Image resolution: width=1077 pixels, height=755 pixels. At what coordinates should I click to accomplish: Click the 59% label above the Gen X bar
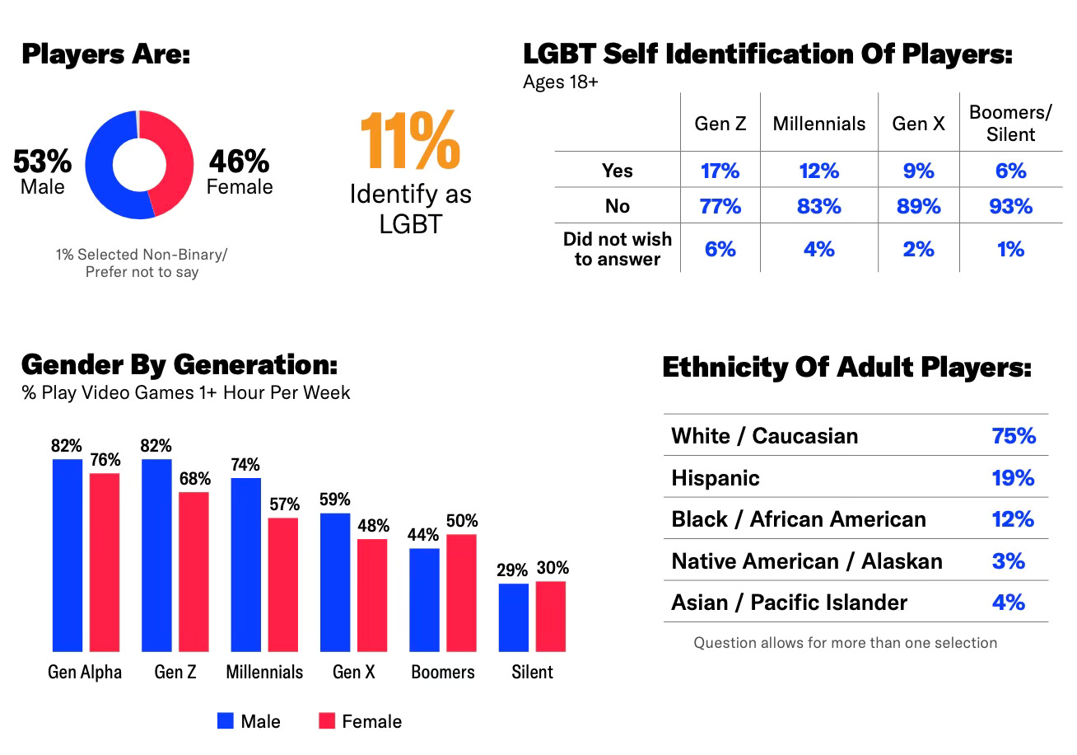coord(335,499)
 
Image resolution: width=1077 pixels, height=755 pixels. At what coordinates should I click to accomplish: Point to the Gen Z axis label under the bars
coord(175,672)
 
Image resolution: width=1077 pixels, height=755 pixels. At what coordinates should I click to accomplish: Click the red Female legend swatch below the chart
coord(327,721)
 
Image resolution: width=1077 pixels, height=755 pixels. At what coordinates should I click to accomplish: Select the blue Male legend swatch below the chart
coord(226,721)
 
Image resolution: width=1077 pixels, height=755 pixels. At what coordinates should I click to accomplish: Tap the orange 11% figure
coord(409,141)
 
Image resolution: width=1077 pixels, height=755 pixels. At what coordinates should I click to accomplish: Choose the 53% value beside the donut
coord(42,162)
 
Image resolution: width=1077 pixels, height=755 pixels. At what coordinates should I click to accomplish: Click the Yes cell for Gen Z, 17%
coord(720,171)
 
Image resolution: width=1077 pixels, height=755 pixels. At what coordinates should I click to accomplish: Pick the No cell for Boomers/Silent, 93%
coord(1010,206)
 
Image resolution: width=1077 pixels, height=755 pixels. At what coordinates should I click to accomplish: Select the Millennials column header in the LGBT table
coord(818,124)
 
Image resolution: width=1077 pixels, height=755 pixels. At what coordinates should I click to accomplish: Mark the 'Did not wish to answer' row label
coord(617,249)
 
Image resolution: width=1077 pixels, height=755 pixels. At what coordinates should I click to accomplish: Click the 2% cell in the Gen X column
coord(918,249)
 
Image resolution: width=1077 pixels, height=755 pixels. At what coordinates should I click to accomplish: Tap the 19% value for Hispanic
coord(1013,478)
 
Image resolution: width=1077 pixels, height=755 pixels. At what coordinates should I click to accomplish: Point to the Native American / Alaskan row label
coord(807,561)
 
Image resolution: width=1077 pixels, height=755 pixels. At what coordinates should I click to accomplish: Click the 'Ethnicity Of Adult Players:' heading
coord(846,368)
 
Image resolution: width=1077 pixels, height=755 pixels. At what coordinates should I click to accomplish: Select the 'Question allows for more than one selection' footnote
coord(845,642)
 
